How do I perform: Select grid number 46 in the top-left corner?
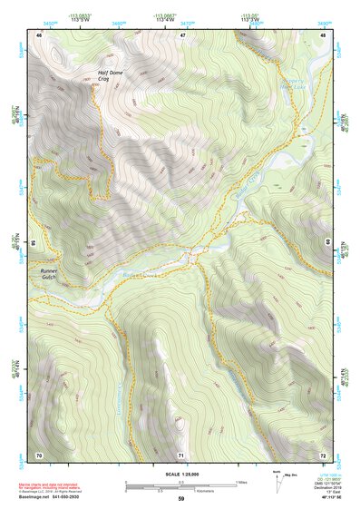tap(39, 34)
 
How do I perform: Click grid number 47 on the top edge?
tap(182, 34)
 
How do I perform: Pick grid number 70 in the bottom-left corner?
tap(39, 454)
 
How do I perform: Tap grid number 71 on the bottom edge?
tap(181, 454)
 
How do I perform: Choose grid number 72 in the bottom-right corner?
tap(323, 454)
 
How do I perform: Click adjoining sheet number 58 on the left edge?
tap(34, 243)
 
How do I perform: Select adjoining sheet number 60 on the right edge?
tap(328, 243)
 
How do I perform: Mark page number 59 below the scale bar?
tap(181, 499)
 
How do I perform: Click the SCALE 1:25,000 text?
tap(180, 474)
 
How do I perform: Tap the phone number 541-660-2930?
tap(71, 498)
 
